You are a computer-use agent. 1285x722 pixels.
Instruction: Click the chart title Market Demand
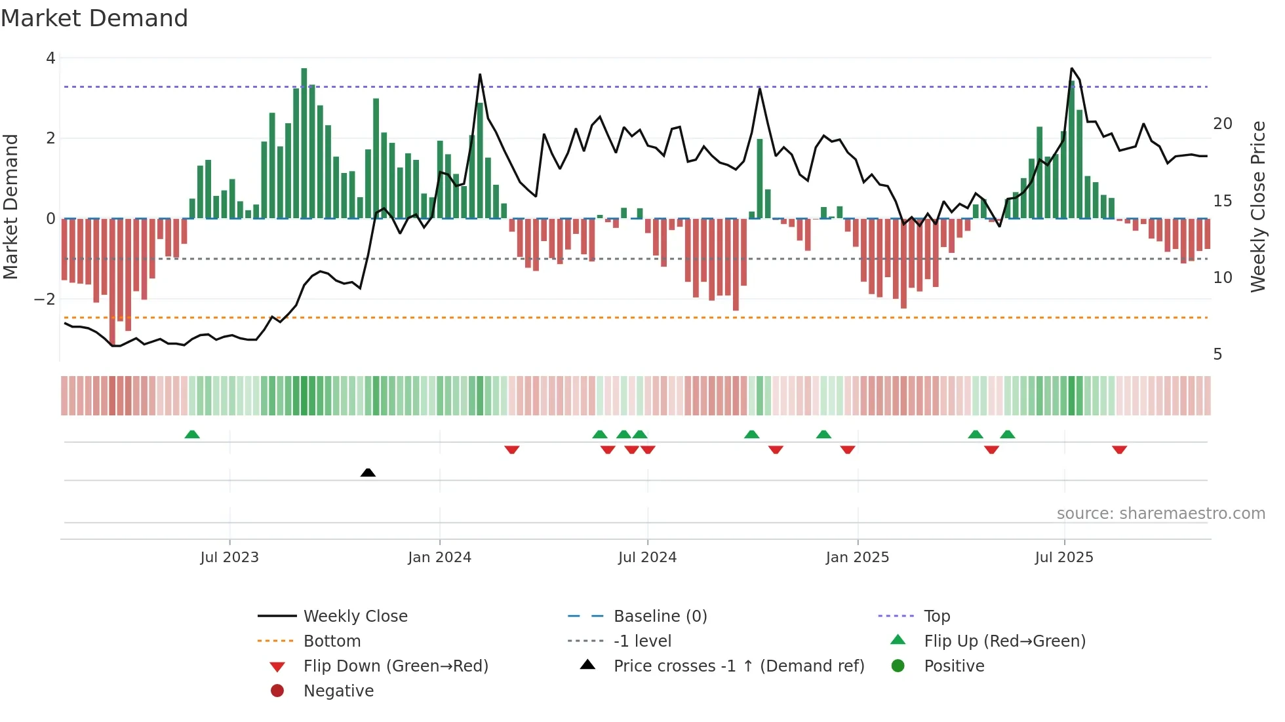coord(94,18)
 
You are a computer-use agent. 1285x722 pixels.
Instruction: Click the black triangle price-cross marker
coord(368,472)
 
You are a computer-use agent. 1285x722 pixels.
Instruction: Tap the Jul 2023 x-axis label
coord(229,558)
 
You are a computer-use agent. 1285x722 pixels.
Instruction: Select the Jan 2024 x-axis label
coord(439,558)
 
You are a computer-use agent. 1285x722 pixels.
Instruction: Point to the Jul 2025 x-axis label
coord(1064,558)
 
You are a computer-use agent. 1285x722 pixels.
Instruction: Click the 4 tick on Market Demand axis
coord(50,58)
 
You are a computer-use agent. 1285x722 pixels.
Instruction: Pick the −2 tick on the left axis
coord(45,299)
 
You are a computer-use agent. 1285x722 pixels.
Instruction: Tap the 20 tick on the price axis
coord(1222,124)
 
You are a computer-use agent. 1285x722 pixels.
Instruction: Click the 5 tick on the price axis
coord(1217,354)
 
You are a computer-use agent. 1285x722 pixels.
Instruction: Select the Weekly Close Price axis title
coord(1257,206)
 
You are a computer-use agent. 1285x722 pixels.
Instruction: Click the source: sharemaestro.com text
coord(1160,514)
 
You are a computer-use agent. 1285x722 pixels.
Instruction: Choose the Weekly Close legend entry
coord(355,617)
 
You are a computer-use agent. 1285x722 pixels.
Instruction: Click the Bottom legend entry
coord(332,641)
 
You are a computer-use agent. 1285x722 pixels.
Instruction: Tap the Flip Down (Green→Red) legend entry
coord(395,666)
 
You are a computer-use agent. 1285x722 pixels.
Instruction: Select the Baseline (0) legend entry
coord(660,617)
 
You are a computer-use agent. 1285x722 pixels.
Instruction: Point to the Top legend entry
coord(937,617)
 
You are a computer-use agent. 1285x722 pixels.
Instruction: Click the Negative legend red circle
coord(277,691)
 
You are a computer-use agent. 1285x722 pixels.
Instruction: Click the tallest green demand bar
coord(304,143)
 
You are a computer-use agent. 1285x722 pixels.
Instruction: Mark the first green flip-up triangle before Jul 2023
coord(192,434)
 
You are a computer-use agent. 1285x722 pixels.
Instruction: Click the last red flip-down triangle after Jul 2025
coord(1119,449)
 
